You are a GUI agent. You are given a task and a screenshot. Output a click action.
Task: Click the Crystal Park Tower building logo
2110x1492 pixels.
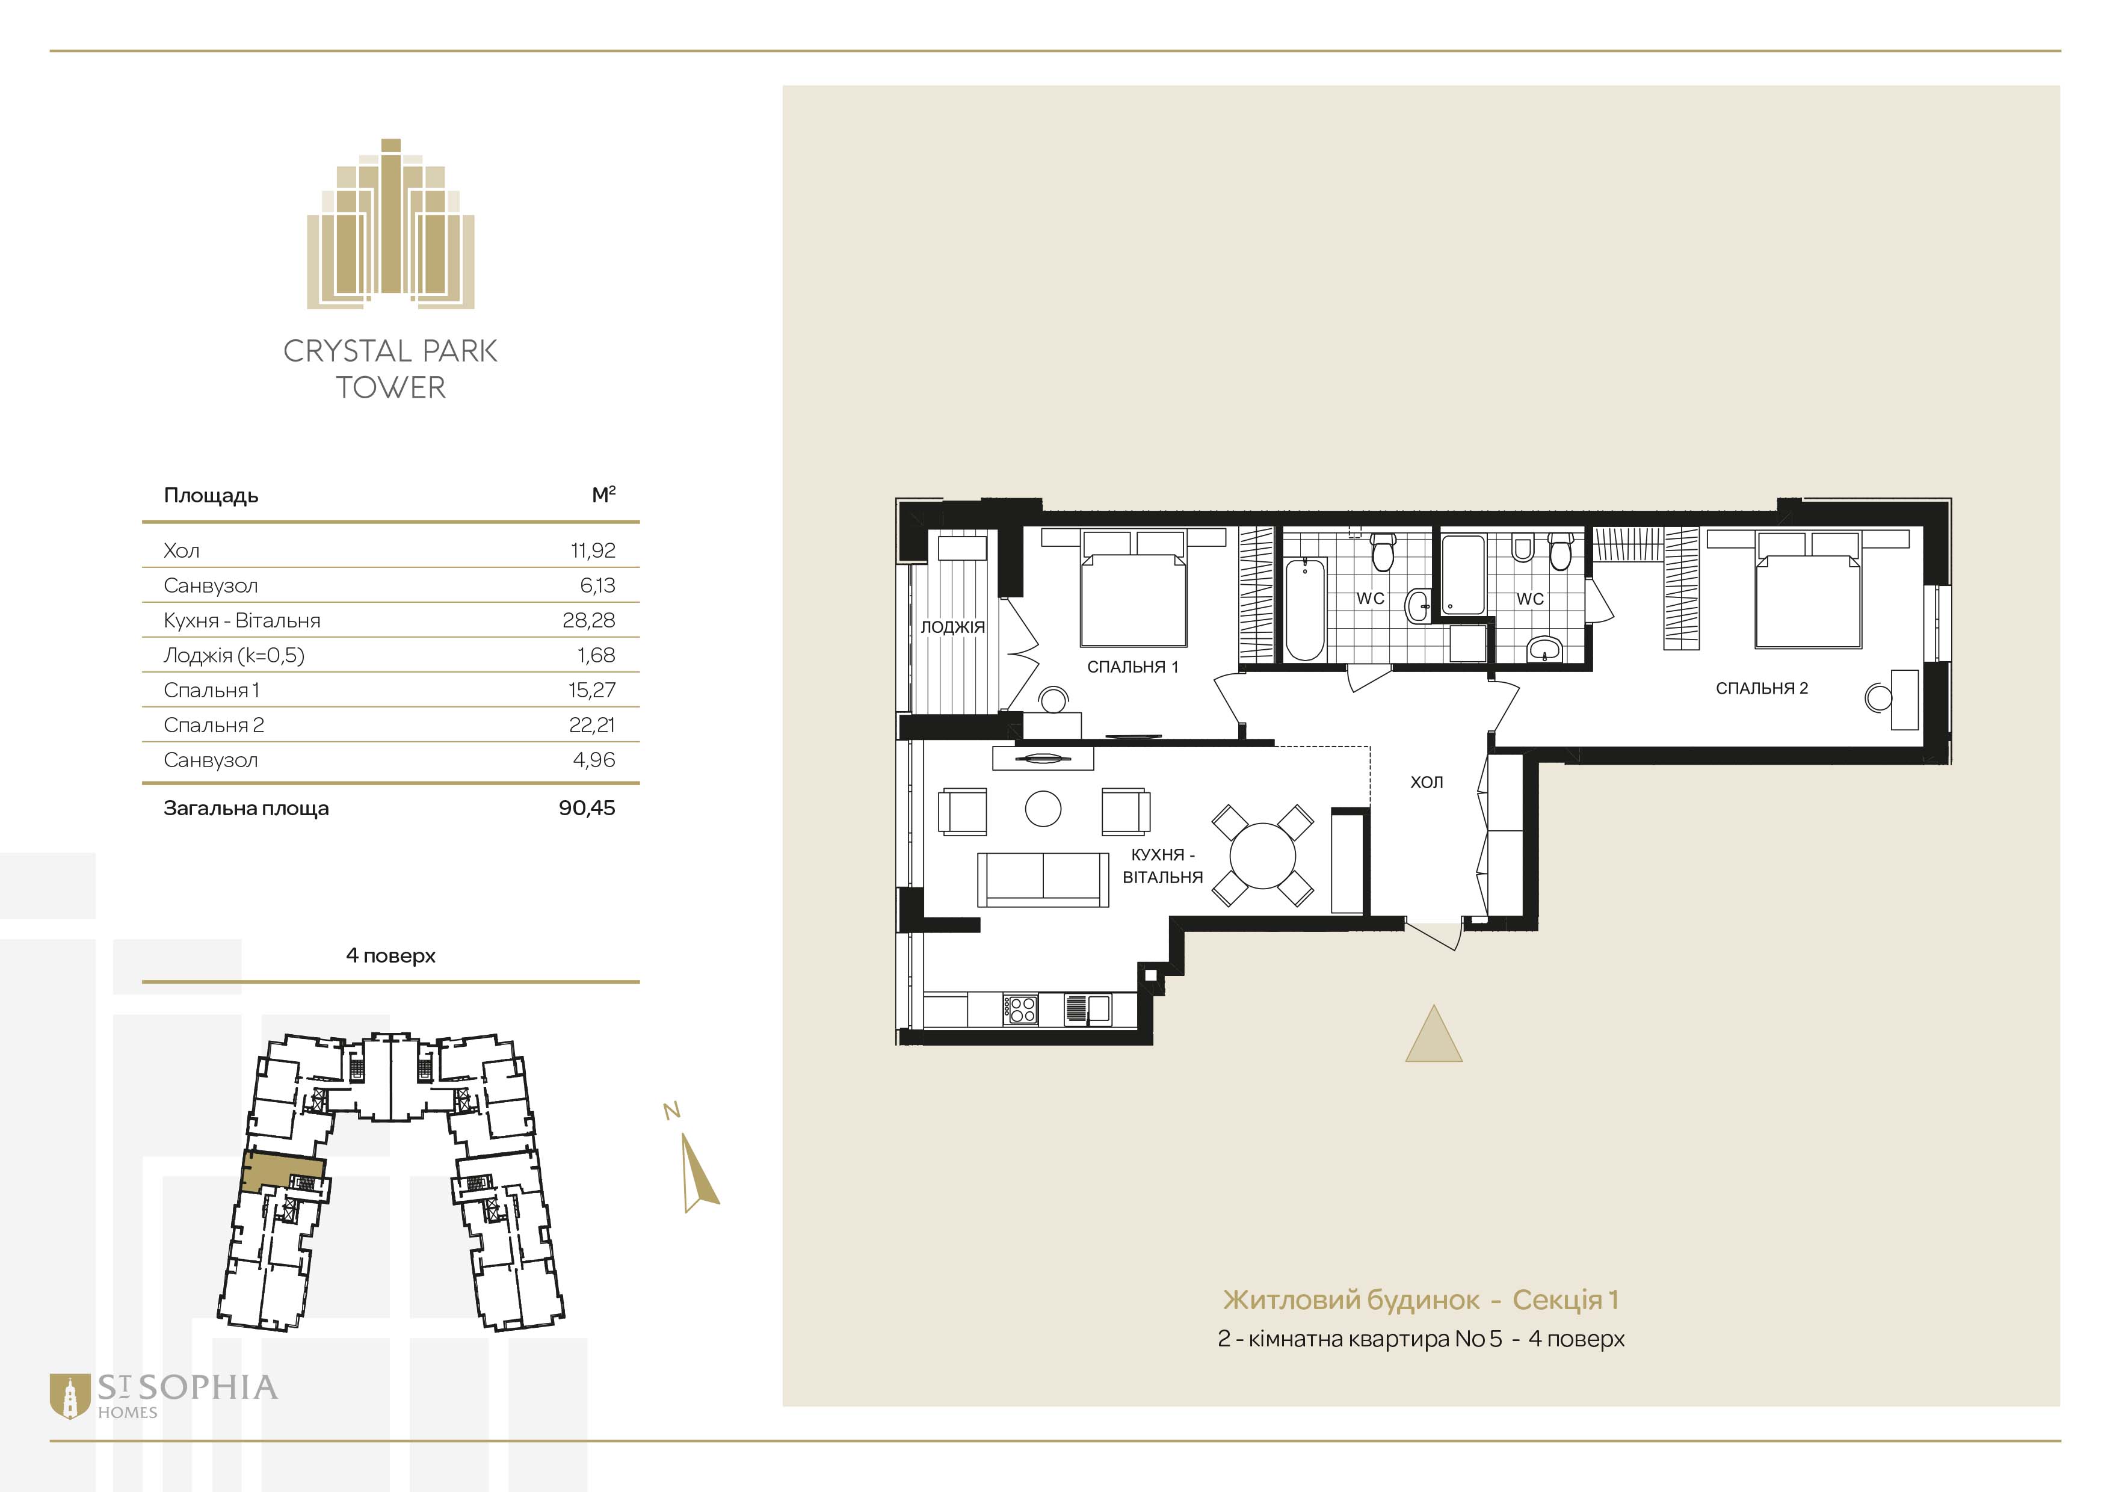tap(390, 223)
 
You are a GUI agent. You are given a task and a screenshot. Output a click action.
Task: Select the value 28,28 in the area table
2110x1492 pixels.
tap(588, 620)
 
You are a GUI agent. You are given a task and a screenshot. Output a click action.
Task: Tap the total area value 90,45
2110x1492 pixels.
tap(587, 809)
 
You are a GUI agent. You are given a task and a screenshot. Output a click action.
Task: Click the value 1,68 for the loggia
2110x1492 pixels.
tap(596, 655)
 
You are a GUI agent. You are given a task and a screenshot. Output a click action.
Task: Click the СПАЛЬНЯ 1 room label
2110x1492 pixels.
tap(1132, 667)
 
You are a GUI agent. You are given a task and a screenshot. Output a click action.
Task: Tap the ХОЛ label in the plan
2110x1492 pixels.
tap(1427, 782)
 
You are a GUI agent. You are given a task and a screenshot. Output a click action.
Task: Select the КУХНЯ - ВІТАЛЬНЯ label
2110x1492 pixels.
tap(1162, 866)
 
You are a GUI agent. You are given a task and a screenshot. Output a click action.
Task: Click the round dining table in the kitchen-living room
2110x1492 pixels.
tap(1263, 855)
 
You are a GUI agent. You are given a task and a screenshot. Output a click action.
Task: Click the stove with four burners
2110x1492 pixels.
tap(1020, 1010)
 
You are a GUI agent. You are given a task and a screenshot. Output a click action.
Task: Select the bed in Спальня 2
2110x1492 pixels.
tap(1807, 593)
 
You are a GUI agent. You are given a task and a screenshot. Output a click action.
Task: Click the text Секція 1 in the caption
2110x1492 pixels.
tap(1566, 1300)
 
